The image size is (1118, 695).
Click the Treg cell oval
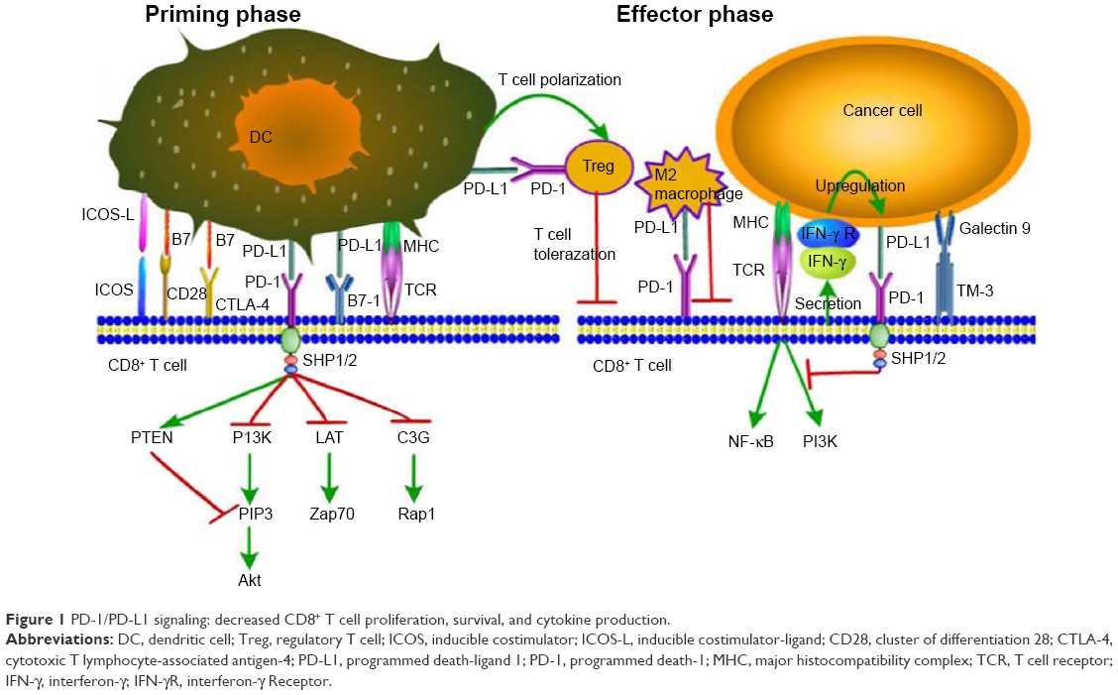(x=599, y=167)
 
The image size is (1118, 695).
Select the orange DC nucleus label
(x=261, y=137)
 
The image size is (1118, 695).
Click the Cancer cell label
(x=882, y=111)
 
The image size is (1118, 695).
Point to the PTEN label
(x=152, y=437)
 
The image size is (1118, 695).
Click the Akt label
(x=250, y=580)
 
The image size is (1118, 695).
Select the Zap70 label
(x=332, y=514)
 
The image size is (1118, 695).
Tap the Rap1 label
(x=416, y=514)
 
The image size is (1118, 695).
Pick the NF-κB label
(x=751, y=442)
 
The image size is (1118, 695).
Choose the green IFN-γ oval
(x=827, y=262)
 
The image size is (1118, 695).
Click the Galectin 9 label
(x=995, y=228)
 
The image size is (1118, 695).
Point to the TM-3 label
(x=974, y=290)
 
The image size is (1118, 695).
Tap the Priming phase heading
(x=222, y=14)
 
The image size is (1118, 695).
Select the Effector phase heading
(x=695, y=14)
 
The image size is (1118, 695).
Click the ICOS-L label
(x=108, y=215)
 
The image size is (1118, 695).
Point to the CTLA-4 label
(x=243, y=304)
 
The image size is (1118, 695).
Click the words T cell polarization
(x=560, y=80)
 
